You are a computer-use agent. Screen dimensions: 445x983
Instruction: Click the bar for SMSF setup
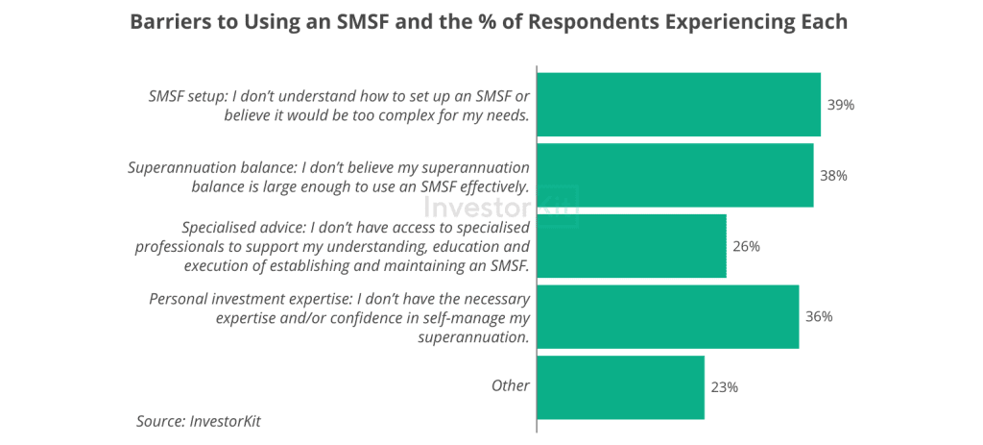678,105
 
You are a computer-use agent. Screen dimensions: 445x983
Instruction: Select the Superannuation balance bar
675,176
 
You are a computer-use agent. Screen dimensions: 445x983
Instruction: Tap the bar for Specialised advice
631,246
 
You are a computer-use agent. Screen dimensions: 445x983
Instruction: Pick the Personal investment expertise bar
667,316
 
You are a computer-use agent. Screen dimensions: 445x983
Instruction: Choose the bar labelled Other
620,387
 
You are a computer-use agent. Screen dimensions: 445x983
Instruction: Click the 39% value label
841,105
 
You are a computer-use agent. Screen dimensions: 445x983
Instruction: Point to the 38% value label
834,176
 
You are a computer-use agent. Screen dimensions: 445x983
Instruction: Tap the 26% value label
747,246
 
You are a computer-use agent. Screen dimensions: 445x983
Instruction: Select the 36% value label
819,316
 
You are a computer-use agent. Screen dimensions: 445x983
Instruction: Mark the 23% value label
725,387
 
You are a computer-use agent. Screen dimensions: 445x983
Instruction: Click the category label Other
511,385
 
